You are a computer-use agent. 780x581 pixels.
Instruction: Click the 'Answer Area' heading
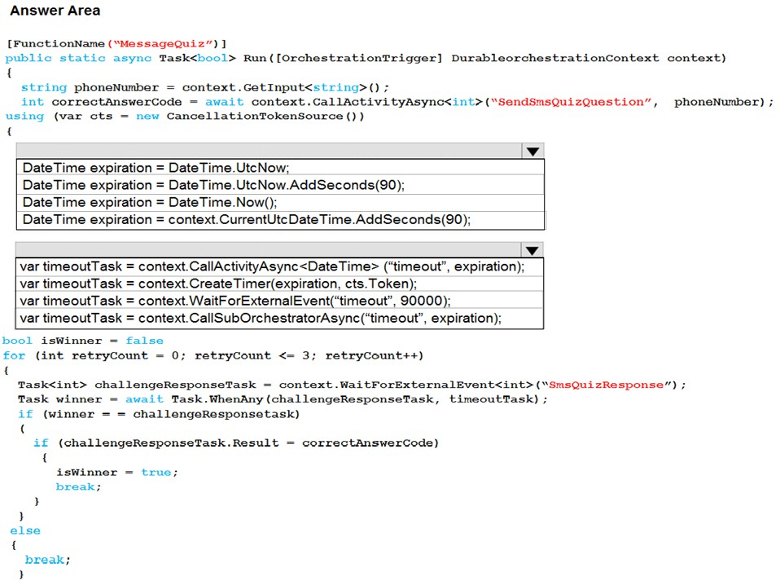tap(55, 11)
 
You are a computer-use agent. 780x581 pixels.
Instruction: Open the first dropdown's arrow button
tap(532, 152)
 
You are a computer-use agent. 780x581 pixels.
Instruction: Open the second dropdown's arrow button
tap(532, 250)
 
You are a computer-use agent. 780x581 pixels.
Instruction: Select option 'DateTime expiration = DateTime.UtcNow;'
tap(156, 168)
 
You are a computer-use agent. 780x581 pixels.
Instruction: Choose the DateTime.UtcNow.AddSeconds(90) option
tap(213, 185)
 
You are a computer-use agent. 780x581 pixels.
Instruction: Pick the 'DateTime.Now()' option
tap(150, 203)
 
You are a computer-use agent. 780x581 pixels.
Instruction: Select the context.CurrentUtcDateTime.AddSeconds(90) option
tap(246, 219)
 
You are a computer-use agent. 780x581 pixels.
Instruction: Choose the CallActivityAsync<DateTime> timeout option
tap(272, 266)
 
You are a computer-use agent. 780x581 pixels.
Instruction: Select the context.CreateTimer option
tap(218, 284)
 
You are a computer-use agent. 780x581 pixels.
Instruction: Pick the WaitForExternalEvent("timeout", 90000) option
tap(235, 302)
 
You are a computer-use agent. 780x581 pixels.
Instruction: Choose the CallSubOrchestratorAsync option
tap(261, 318)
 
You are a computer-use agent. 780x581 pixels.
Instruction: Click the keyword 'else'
tap(25, 530)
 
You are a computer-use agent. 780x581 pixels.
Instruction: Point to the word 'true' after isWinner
tap(156, 473)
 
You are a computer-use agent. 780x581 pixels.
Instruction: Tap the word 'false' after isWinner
tap(144, 341)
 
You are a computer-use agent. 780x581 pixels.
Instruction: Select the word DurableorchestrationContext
tap(555, 58)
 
